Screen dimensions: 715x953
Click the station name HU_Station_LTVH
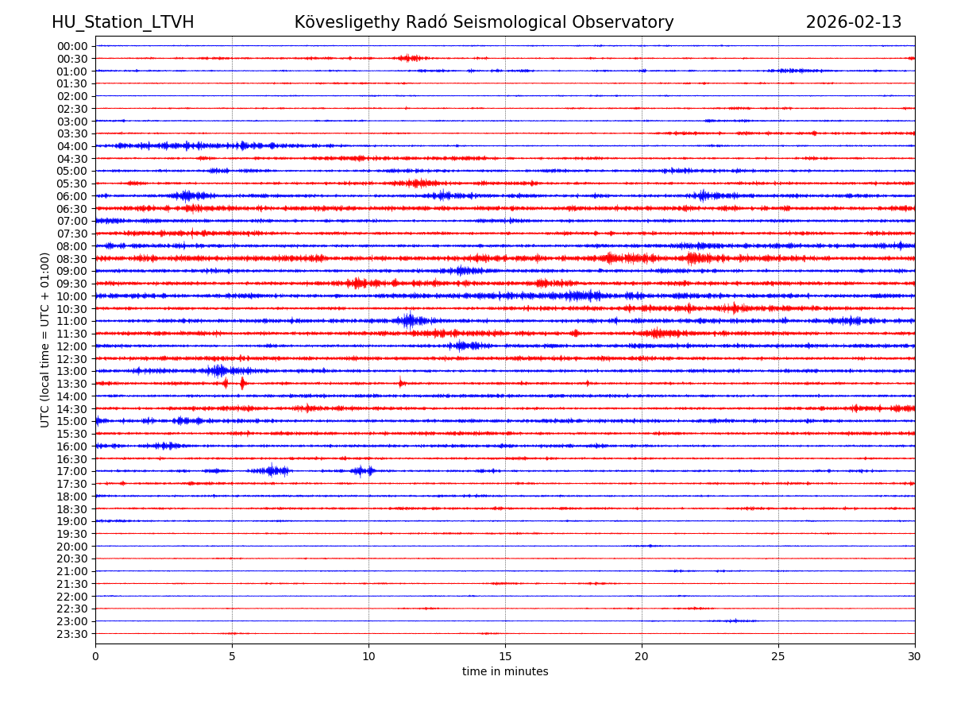click(x=122, y=22)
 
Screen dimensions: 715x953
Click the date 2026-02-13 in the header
click(x=854, y=22)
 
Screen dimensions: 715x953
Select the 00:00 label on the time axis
click(x=72, y=46)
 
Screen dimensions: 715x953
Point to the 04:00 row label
click(x=72, y=146)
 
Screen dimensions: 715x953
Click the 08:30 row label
click(x=72, y=259)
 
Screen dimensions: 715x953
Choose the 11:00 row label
click(x=72, y=321)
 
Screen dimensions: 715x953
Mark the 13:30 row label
click(x=72, y=384)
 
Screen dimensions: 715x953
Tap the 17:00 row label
click(x=72, y=471)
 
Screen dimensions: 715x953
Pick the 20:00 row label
click(x=72, y=547)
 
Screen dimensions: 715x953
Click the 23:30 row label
click(x=72, y=634)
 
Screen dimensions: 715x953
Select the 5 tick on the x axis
click(x=232, y=657)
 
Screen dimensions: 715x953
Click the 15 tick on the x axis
click(x=505, y=657)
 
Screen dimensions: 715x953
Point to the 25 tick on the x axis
click(x=778, y=657)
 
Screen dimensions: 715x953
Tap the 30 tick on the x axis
click(x=915, y=657)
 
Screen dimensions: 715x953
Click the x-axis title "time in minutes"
click(x=505, y=672)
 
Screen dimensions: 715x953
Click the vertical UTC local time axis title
click(x=45, y=340)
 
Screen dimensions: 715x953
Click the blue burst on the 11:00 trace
click(x=409, y=321)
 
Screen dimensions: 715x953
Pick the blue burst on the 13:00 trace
click(x=218, y=371)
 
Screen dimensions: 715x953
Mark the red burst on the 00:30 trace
click(x=408, y=58)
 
